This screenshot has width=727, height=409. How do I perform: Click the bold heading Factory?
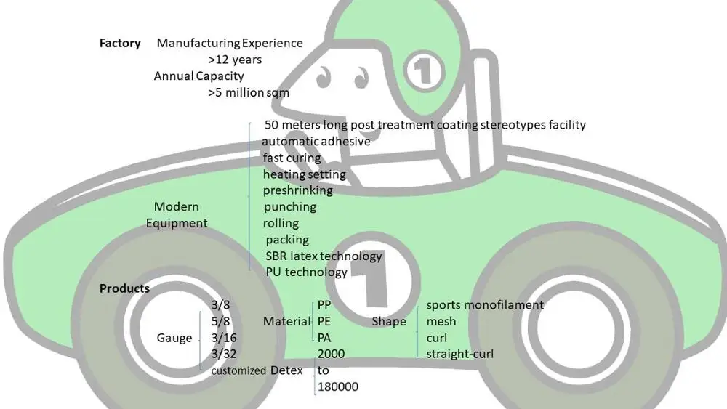pos(120,43)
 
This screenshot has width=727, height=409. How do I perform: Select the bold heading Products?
pos(124,288)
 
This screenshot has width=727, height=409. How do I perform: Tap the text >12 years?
pos(235,60)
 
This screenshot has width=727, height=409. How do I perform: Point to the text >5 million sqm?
pos(249,92)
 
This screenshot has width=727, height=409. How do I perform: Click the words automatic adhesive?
pos(316,141)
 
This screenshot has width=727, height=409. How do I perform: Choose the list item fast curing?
pos(292,158)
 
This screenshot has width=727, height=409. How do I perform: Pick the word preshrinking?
pos(297,190)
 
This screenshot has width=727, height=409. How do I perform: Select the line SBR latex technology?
pos(324,256)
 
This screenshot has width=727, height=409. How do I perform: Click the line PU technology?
pos(306,272)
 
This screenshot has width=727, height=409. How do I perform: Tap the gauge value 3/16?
pos(224,338)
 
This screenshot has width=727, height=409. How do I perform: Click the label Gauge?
pos(174,338)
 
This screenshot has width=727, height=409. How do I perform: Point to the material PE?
pos(325,321)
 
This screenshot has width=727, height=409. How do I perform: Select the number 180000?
pos(338,386)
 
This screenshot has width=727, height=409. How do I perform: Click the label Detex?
pos(286,370)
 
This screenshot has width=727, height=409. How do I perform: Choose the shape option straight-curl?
pos(459,354)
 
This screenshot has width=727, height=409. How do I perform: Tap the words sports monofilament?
pos(484,305)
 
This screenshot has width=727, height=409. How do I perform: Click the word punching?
pos(289,207)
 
